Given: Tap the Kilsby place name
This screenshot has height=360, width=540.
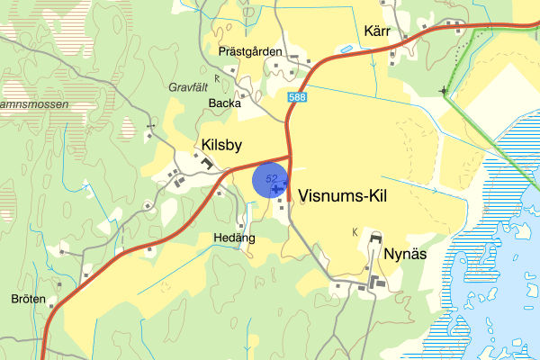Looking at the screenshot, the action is click(222, 144).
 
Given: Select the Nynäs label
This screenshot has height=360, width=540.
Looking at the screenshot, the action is click(404, 253).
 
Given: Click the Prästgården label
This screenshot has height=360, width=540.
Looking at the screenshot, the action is click(251, 51).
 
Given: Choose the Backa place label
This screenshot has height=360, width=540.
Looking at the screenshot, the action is click(225, 103).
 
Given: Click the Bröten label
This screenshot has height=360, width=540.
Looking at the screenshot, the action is click(28, 299).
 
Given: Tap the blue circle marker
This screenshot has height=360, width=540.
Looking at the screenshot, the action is click(270, 178).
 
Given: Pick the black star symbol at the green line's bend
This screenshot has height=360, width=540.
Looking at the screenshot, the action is click(444, 91).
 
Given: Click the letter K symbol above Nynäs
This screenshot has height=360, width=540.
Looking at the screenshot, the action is click(355, 232).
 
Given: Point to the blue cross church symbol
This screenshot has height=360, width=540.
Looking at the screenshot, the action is click(274, 188).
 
